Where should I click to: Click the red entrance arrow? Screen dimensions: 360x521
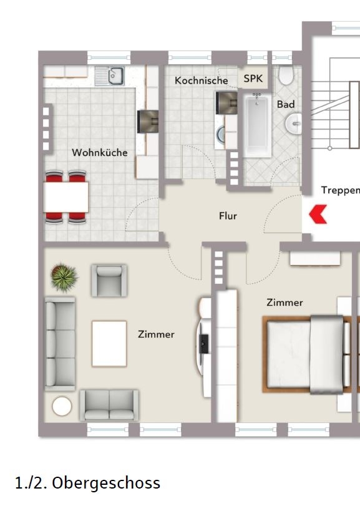[x=318, y=214]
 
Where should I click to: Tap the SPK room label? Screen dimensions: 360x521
[x=253, y=79]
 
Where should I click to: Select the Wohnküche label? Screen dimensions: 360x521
[x=100, y=152]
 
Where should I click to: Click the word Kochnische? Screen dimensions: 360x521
[x=202, y=80]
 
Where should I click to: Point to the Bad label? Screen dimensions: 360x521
[x=286, y=104]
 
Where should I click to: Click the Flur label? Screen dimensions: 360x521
[x=228, y=216]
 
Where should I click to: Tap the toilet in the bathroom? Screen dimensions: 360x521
[x=286, y=75]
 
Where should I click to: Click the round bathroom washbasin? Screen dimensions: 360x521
[x=294, y=124]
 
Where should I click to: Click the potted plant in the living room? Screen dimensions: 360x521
[x=64, y=277]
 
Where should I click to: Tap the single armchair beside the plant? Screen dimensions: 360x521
[x=109, y=280]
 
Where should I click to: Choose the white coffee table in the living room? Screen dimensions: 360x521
[x=109, y=343]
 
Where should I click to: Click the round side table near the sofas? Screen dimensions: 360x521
[x=62, y=406]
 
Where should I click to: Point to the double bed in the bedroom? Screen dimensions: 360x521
[x=306, y=354]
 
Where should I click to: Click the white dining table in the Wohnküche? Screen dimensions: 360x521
[x=66, y=197]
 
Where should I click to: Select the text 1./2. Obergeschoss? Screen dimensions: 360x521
[x=88, y=483]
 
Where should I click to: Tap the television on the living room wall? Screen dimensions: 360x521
[x=203, y=344]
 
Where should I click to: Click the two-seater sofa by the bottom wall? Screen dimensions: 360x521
[x=109, y=406]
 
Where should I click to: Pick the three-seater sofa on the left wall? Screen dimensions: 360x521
[x=60, y=344]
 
